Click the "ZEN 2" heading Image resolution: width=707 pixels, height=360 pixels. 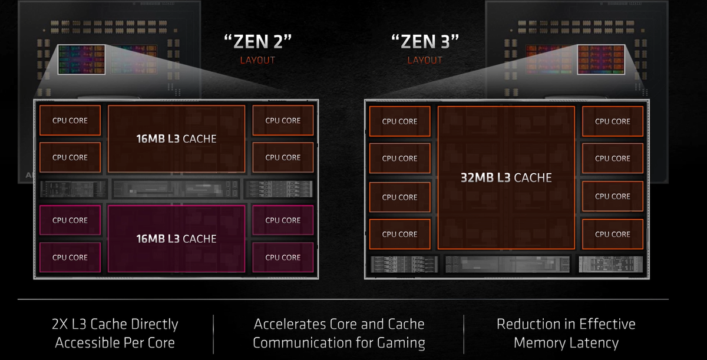tap(257, 43)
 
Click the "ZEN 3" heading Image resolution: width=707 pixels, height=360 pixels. tap(425, 43)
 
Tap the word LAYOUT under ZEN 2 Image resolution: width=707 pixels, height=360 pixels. tap(257, 60)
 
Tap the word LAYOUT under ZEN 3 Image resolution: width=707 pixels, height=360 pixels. tap(425, 60)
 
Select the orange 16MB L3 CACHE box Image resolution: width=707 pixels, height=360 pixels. tap(176, 139)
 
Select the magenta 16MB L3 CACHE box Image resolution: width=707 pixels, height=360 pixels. tap(176, 239)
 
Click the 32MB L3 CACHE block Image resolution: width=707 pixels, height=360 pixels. tap(506, 177)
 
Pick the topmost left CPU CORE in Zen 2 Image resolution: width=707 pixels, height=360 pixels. tap(70, 121)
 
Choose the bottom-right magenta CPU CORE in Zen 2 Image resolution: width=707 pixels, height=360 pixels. tap(283, 257)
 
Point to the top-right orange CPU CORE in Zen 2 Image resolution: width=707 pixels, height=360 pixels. tap(283, 121)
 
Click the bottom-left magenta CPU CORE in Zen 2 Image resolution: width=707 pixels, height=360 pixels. tap(70, 257)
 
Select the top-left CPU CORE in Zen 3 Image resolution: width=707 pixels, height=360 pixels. tap(399, 121)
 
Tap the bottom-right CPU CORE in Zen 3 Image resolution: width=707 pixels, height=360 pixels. tap(612, 234)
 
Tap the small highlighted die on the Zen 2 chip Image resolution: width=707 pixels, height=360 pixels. tap(81, 60)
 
